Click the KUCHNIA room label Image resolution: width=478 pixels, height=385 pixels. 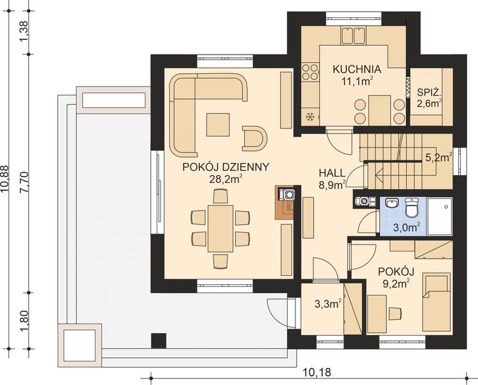[357, 69]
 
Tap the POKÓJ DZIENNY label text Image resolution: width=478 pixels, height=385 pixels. [225, 166]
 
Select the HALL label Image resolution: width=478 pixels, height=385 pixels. [333, 173]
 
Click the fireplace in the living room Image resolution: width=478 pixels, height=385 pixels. [286, 202]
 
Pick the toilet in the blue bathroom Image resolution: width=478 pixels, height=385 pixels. [412, 206]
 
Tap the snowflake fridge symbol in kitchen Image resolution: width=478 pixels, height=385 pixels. [310, 117]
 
